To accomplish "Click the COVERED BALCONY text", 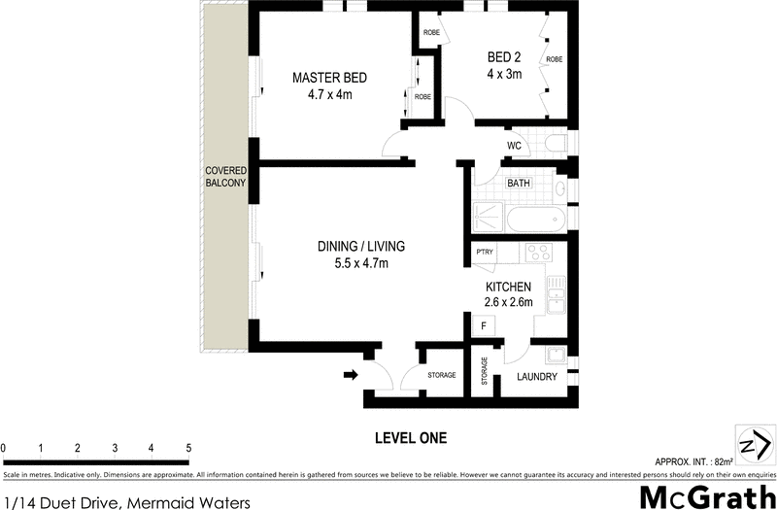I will (x=224, y=177).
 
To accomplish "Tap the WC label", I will (x=515, y=146).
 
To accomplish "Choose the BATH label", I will (x=518, y=182).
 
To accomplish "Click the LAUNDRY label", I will (x=535, y=376).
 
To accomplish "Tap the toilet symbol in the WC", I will (x=555, y=146).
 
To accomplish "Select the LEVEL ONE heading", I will (x=410, y=438).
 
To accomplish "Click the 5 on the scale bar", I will (x=188, y=449).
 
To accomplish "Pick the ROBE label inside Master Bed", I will (x=422, y=97).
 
